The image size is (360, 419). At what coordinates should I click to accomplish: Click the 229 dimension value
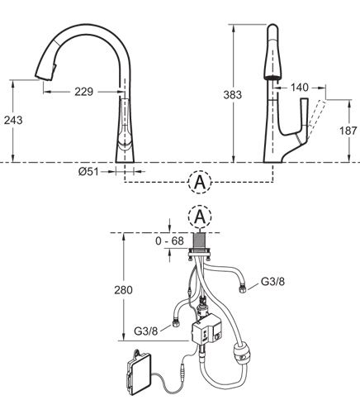pos(84,92)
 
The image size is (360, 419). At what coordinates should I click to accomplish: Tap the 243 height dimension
pos(13,120)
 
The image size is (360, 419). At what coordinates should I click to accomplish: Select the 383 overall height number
pos(233,95)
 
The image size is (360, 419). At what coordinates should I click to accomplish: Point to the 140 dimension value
pos(300,88)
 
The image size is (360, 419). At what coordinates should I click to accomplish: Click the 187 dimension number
pos(348,131)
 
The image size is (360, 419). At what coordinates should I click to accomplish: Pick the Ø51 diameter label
pos(88,172)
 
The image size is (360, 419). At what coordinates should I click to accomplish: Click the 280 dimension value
pos(123,290)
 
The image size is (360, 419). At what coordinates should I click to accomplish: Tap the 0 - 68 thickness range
pos(169,240)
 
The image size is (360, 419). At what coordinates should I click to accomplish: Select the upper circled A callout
pos(200,183)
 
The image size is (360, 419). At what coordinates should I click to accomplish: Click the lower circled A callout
pos(200,217)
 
